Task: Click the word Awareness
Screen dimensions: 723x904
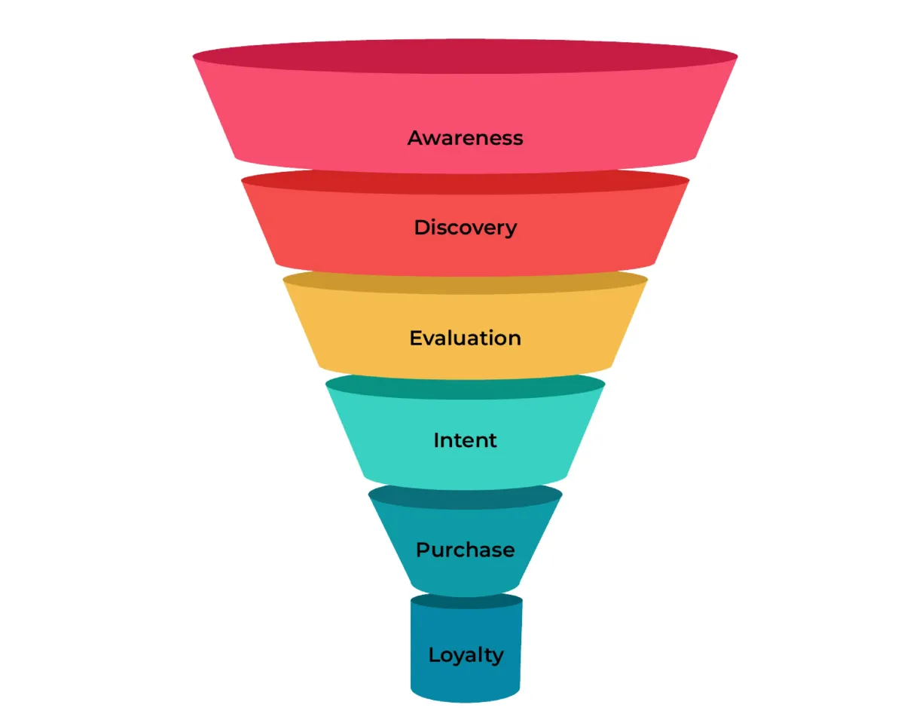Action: click(465, 138)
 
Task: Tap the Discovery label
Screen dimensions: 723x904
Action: click(465, 228)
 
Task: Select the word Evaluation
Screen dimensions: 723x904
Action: click(465, 338)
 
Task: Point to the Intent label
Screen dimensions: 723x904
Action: click(465, 440)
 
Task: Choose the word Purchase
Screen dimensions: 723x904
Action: click(465, 550)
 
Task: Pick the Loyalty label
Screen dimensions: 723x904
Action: click(465, 655)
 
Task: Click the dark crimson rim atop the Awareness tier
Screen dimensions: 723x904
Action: click(465, 56)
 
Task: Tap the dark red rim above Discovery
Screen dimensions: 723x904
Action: click(465, 181)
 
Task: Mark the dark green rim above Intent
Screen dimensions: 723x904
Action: click(465, 386)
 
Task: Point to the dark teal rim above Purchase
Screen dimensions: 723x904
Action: click(465, 495)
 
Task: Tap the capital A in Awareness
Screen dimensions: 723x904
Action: click(415, 138)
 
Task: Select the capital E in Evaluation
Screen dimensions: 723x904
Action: click(416, 338)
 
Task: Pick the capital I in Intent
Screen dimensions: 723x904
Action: click(437, 440)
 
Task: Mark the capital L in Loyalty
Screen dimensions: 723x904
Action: click(434, 654)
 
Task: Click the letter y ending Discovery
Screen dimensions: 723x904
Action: click(511, 230)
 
